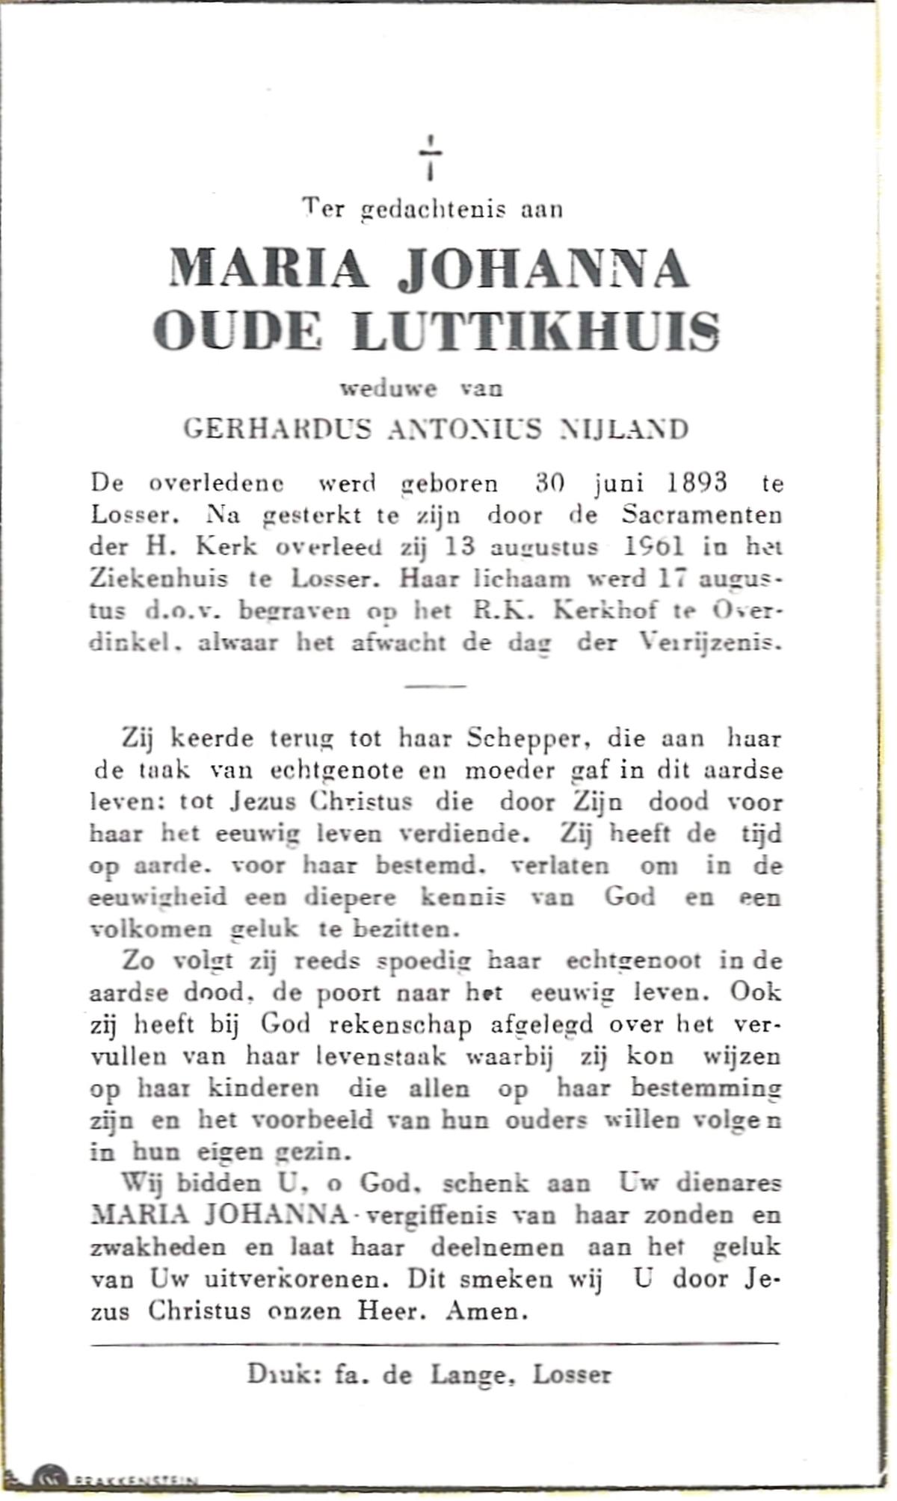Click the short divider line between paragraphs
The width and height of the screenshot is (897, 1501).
(x=435, y=686)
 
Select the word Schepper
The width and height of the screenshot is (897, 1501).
(x=523, y=739)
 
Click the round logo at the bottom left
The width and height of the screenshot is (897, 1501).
(x=51, y=1487)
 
